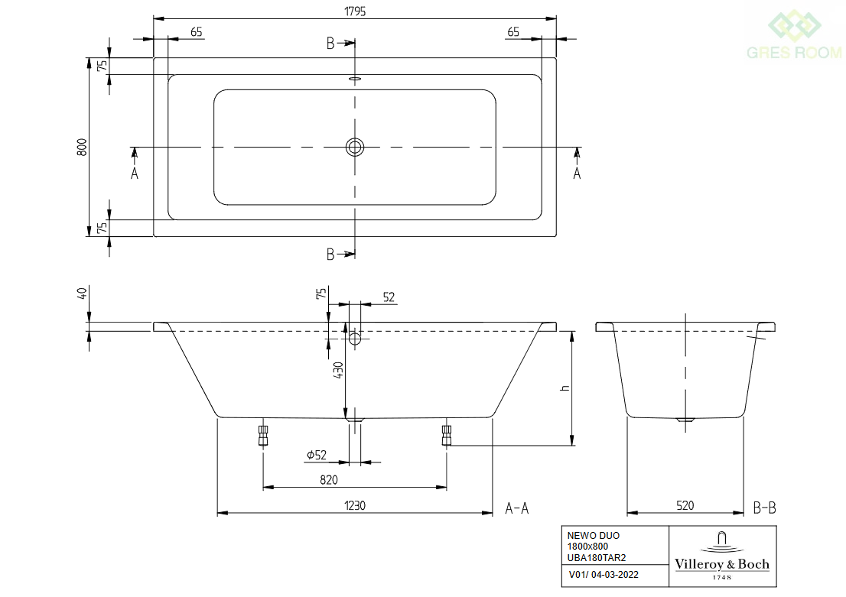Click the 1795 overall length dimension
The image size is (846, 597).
(x=355, y=11)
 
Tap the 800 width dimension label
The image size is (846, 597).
(x=82, y=148)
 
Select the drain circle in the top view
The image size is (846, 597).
(x=354, y=147)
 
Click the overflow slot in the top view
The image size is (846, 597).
(x=354, y=79)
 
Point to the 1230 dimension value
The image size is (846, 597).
(x=355, y=505)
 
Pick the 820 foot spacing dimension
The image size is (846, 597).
(x=329, y=480)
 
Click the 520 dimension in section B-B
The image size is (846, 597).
(x=685, y=505)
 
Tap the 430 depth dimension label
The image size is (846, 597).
(x=338, y=370)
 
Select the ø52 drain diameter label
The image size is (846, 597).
(x=317, y=455)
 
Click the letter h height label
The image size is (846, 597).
(x=565, y=388)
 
